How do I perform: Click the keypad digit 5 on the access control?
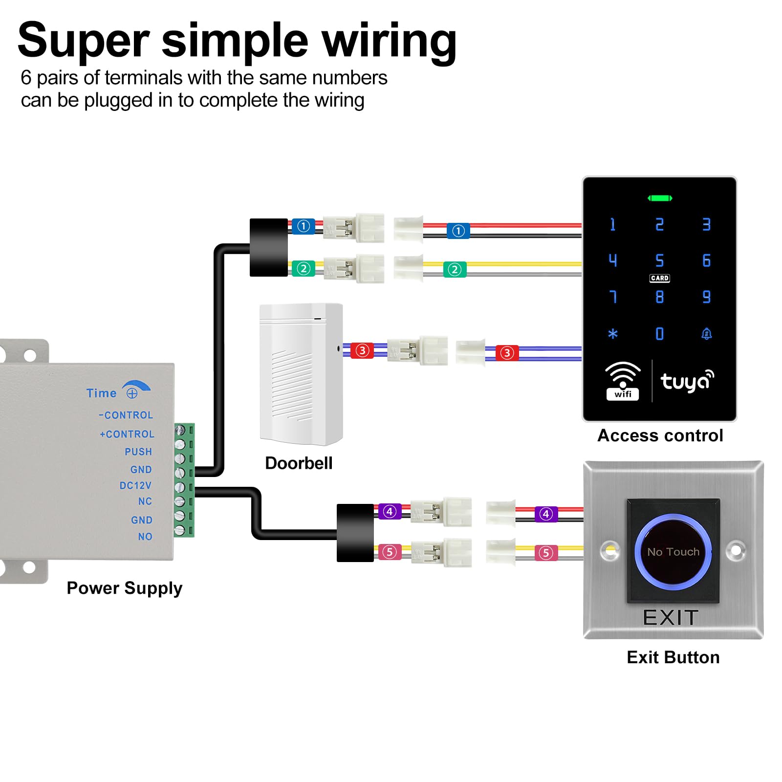click(659, 260)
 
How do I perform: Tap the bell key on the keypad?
click(706, 334)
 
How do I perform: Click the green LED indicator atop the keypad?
click(660, 198)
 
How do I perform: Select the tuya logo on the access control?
click(687, 382)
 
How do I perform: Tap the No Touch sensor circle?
click(673, 551)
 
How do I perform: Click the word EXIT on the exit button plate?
click(671, 618)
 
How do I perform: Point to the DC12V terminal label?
click(135, 485)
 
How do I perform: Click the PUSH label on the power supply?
click(138, 452)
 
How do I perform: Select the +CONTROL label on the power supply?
click(127, 434)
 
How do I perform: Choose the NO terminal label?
click(145, 537)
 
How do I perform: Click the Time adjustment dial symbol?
click(132, 393)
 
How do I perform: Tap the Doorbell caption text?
click(299, 463)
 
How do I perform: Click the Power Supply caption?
click(125, 588)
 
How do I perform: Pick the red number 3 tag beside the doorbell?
click(362, 350)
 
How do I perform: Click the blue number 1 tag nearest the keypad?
click(458, 231)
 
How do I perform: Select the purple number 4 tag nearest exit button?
click(546, 514)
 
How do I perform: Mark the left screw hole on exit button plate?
click(609, 551)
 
